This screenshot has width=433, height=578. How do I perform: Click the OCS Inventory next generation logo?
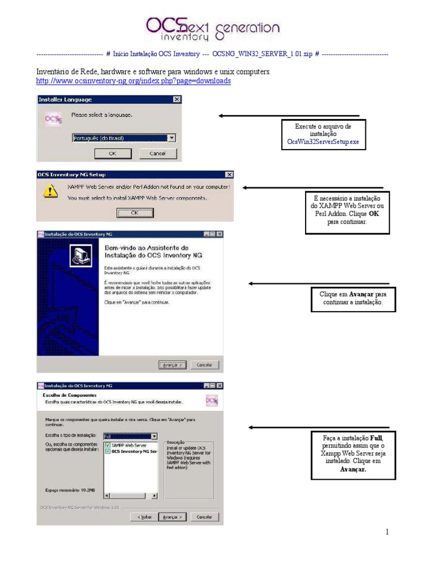[x=212, y=29]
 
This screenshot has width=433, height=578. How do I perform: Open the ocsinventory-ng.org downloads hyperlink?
[x=134, y=81]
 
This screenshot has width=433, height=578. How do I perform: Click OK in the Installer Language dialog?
[x=113, y=154]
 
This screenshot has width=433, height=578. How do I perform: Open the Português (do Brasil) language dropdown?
[x=171, y=138]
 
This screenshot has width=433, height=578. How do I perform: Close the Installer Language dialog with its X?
[x=177, y=100]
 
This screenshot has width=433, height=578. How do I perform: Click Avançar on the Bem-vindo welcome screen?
[x=172, y=365]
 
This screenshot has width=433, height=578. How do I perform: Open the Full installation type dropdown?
[x=154, y=436]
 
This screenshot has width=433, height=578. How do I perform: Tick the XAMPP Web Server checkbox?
[x=108, y=445]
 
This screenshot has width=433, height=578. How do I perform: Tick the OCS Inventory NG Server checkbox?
[x=108, y=452]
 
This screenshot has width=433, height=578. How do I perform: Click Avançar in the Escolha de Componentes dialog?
[x=172, y=516]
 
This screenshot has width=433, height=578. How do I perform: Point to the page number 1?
[x=387, y=532]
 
